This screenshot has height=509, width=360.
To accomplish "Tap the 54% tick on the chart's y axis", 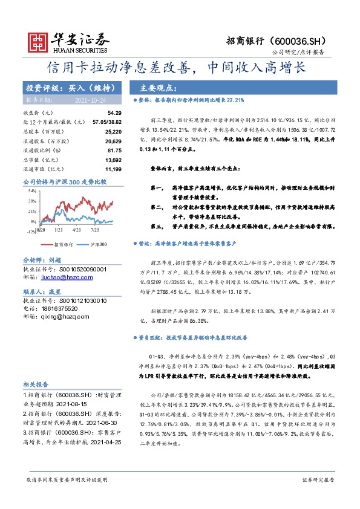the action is coord(31,190).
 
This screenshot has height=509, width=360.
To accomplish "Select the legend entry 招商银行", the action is coord(63,244).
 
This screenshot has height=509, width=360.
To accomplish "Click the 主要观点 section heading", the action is coord(158,87).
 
